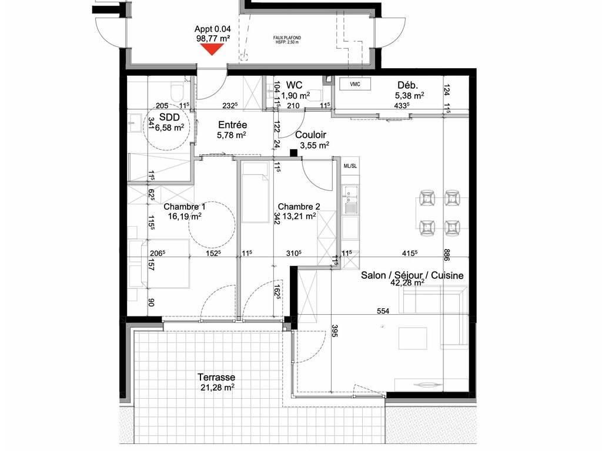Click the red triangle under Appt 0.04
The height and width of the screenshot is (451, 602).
[212, 49]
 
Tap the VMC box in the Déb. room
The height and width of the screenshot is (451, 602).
[355, 84]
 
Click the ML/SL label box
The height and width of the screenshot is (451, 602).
[350, 166]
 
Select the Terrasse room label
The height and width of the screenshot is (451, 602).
[216, 377]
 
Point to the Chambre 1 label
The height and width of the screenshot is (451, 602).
[185, 207]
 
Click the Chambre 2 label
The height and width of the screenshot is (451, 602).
[299, 207]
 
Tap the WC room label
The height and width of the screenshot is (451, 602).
[294, 85]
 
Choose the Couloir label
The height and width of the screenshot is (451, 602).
[310, 134]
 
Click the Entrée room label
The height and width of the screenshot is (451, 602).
[233, 124]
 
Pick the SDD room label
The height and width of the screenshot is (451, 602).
[169, 117]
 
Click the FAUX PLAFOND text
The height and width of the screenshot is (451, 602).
[287, 38]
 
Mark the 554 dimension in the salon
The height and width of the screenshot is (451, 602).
[383, 311]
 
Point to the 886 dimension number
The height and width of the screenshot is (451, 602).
[446, 255]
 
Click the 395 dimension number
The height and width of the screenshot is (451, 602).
[334, 331]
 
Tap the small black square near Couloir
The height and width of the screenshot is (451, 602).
[294, 153]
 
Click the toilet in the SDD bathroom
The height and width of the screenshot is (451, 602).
[178, 92]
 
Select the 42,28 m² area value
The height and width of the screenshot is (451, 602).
[407, 283]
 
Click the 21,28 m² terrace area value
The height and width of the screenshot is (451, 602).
[218, 388]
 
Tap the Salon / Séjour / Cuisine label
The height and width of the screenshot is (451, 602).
[412, 275]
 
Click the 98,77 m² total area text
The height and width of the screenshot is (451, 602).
[213, 38]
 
